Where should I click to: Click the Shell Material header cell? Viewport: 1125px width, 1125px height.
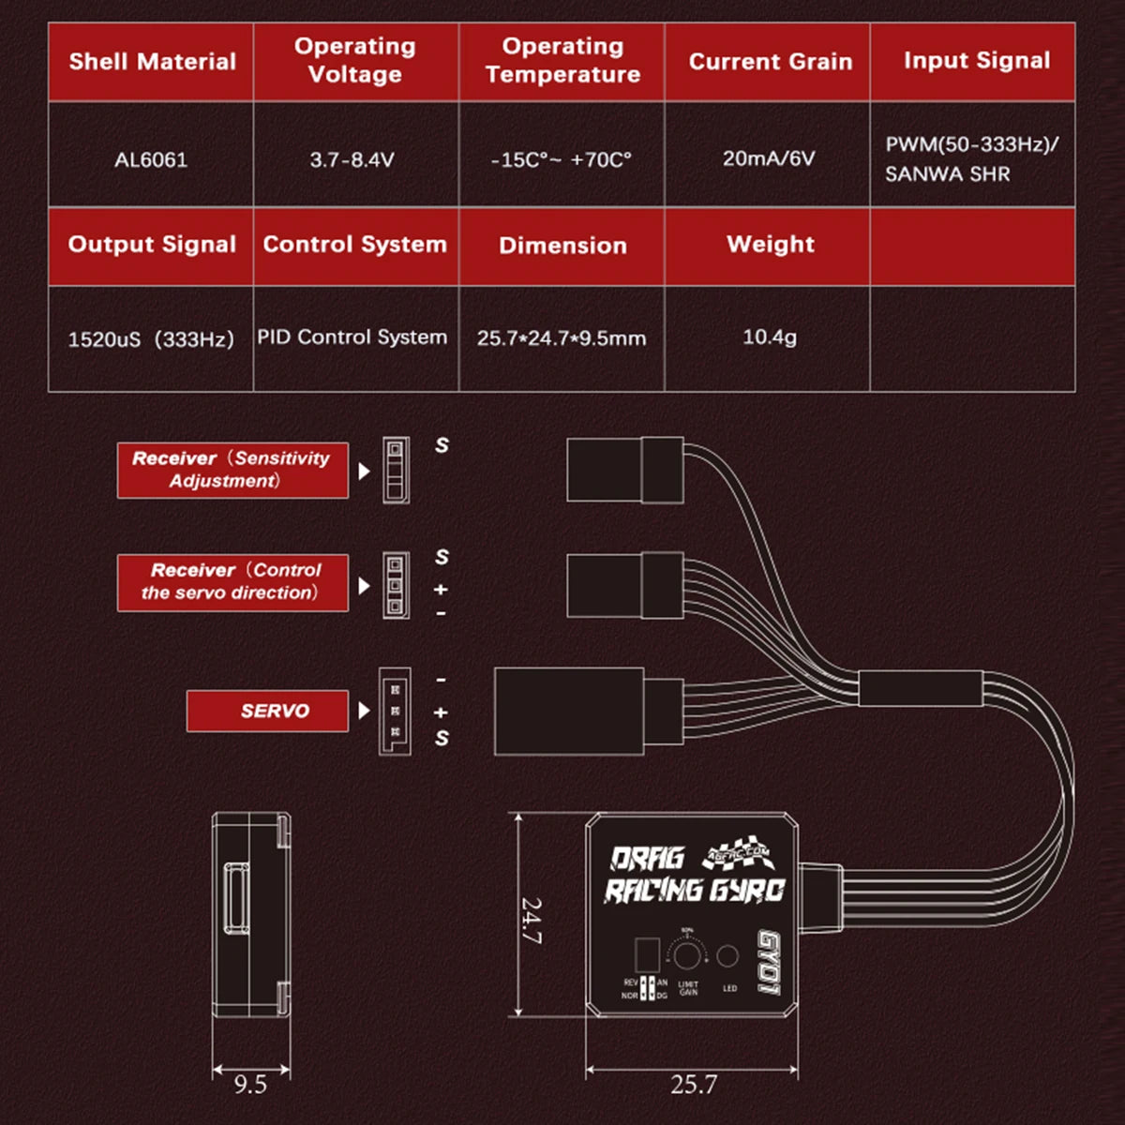click(x=151, y=62)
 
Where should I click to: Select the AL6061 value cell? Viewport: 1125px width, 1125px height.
click(x=151, y=159)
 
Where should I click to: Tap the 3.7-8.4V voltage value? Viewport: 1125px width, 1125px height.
click(x=352, y=159)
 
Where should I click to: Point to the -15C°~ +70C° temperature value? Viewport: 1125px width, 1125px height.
click(x=562, y=159)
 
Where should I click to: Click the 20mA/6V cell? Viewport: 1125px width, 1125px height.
click(x=769, y=158)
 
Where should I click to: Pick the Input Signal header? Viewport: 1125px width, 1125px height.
click(x=975, y=61)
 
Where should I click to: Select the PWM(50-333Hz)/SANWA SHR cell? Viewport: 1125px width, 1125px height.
click(x=971, y=159)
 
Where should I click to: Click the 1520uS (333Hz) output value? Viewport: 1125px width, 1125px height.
click(x=151, y=338)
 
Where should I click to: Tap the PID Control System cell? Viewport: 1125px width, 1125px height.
click(x=352, y=337)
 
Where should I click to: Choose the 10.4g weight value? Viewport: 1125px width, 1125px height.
click(x=769, y=337)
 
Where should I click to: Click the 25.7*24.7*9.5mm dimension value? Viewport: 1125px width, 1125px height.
click(x=562, y=338)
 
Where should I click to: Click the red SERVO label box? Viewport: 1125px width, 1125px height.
click(x=268, y=711)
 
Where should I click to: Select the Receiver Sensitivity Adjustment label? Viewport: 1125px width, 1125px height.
click(x=232, y=470)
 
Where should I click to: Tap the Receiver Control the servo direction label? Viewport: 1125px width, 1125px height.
click(x=232, y=581)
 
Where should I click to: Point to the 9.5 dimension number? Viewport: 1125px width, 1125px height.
click(x=250, y=1085)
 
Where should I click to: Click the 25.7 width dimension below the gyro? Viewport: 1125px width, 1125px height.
click(x=694, y=1085)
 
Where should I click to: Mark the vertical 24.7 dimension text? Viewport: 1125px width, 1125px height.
click(x=532, y=921)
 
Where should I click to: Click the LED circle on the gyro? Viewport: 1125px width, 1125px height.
click(x=727, y=956)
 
